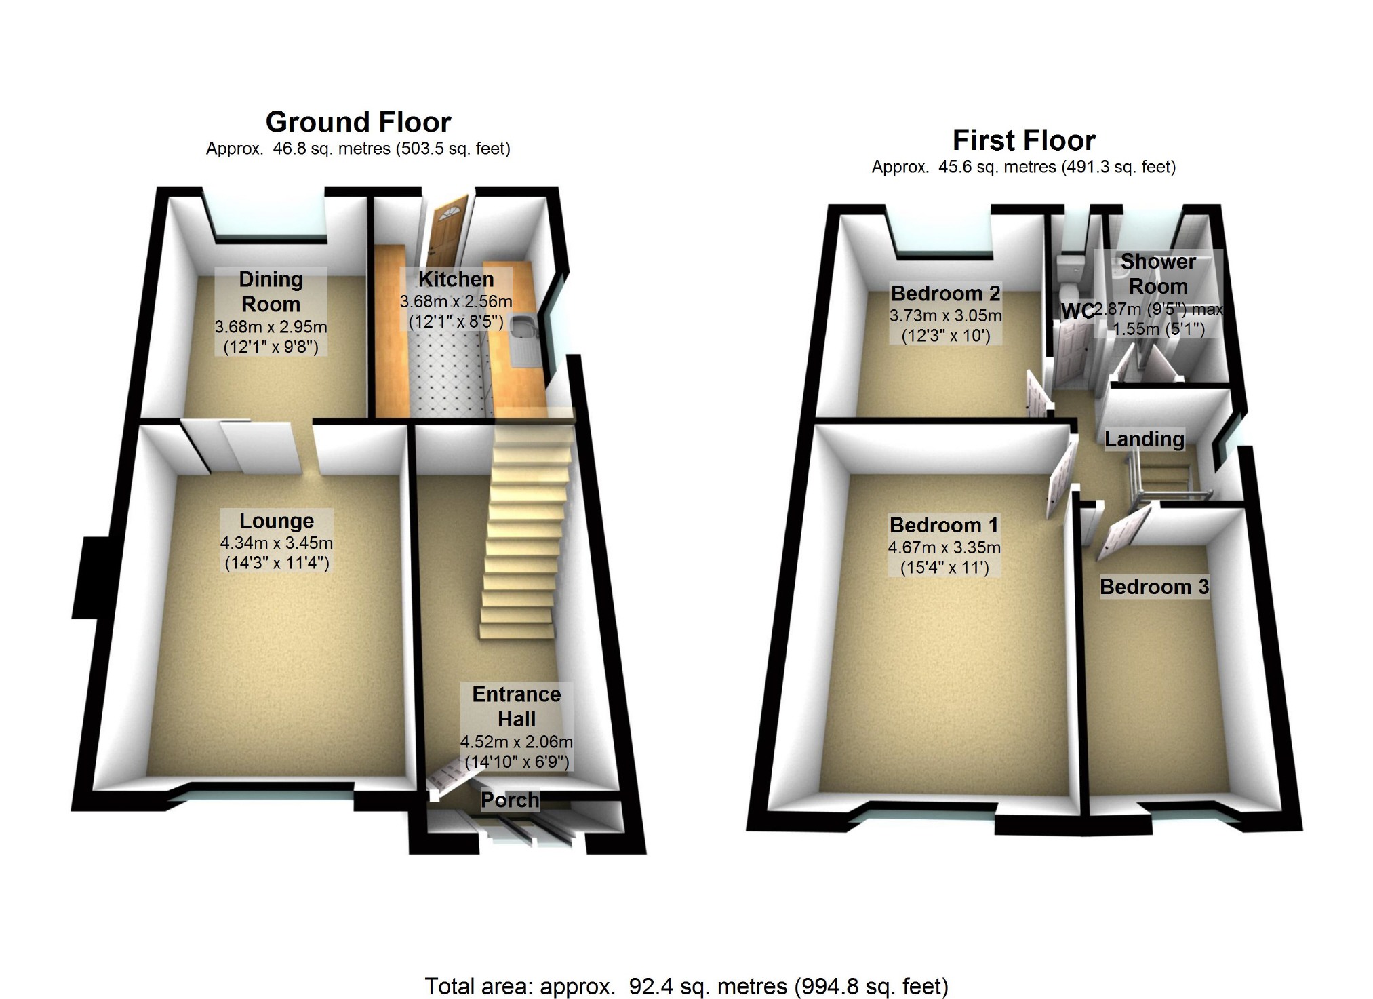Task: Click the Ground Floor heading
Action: pos(358,122)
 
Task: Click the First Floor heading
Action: pos(1023,140)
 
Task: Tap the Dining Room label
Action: pos(271,292)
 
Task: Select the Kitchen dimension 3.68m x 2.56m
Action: pos(456,302)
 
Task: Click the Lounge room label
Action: pos(277,521)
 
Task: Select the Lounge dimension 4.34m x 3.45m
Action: pos(277,543)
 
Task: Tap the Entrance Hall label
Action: pos(517,706)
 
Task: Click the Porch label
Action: pos(510,800)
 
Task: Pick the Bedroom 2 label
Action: pos(945,294)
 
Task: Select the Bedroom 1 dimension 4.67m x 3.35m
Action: pos(944,548)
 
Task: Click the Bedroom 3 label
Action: pos(1154,587)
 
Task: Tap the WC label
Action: pos(1076,311)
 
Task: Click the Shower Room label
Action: pos(1158,273)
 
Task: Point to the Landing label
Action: pos(1145,439)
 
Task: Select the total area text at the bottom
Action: pos(686,986)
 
